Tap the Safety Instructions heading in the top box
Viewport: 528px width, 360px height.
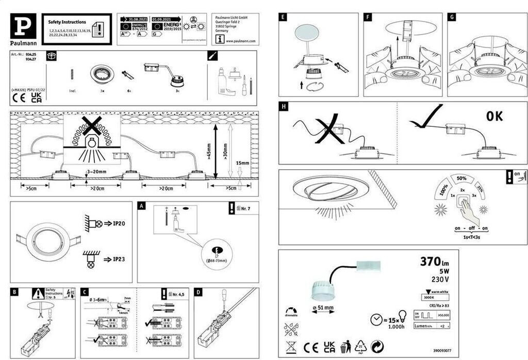coord(67,23)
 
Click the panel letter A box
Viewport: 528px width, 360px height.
coord(143,205)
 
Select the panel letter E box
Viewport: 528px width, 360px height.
coord(283,17)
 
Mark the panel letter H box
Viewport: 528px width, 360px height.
coord(284,107)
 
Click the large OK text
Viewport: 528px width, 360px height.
coord(494,117)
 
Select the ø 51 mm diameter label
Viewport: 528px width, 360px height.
coord(323,308)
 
